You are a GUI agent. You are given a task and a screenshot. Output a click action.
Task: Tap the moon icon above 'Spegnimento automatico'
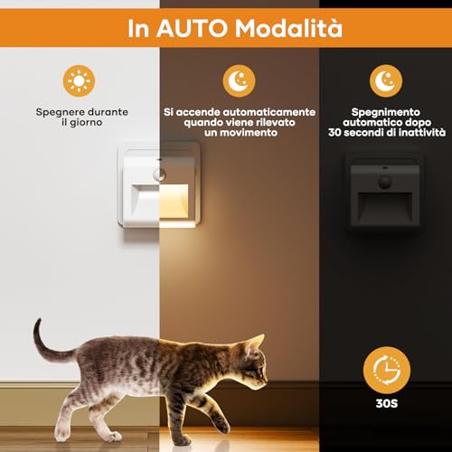point(388,82)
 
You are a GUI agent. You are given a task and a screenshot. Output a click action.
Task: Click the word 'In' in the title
point(141,30)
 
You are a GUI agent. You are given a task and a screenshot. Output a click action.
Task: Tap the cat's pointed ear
point(257,342)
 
